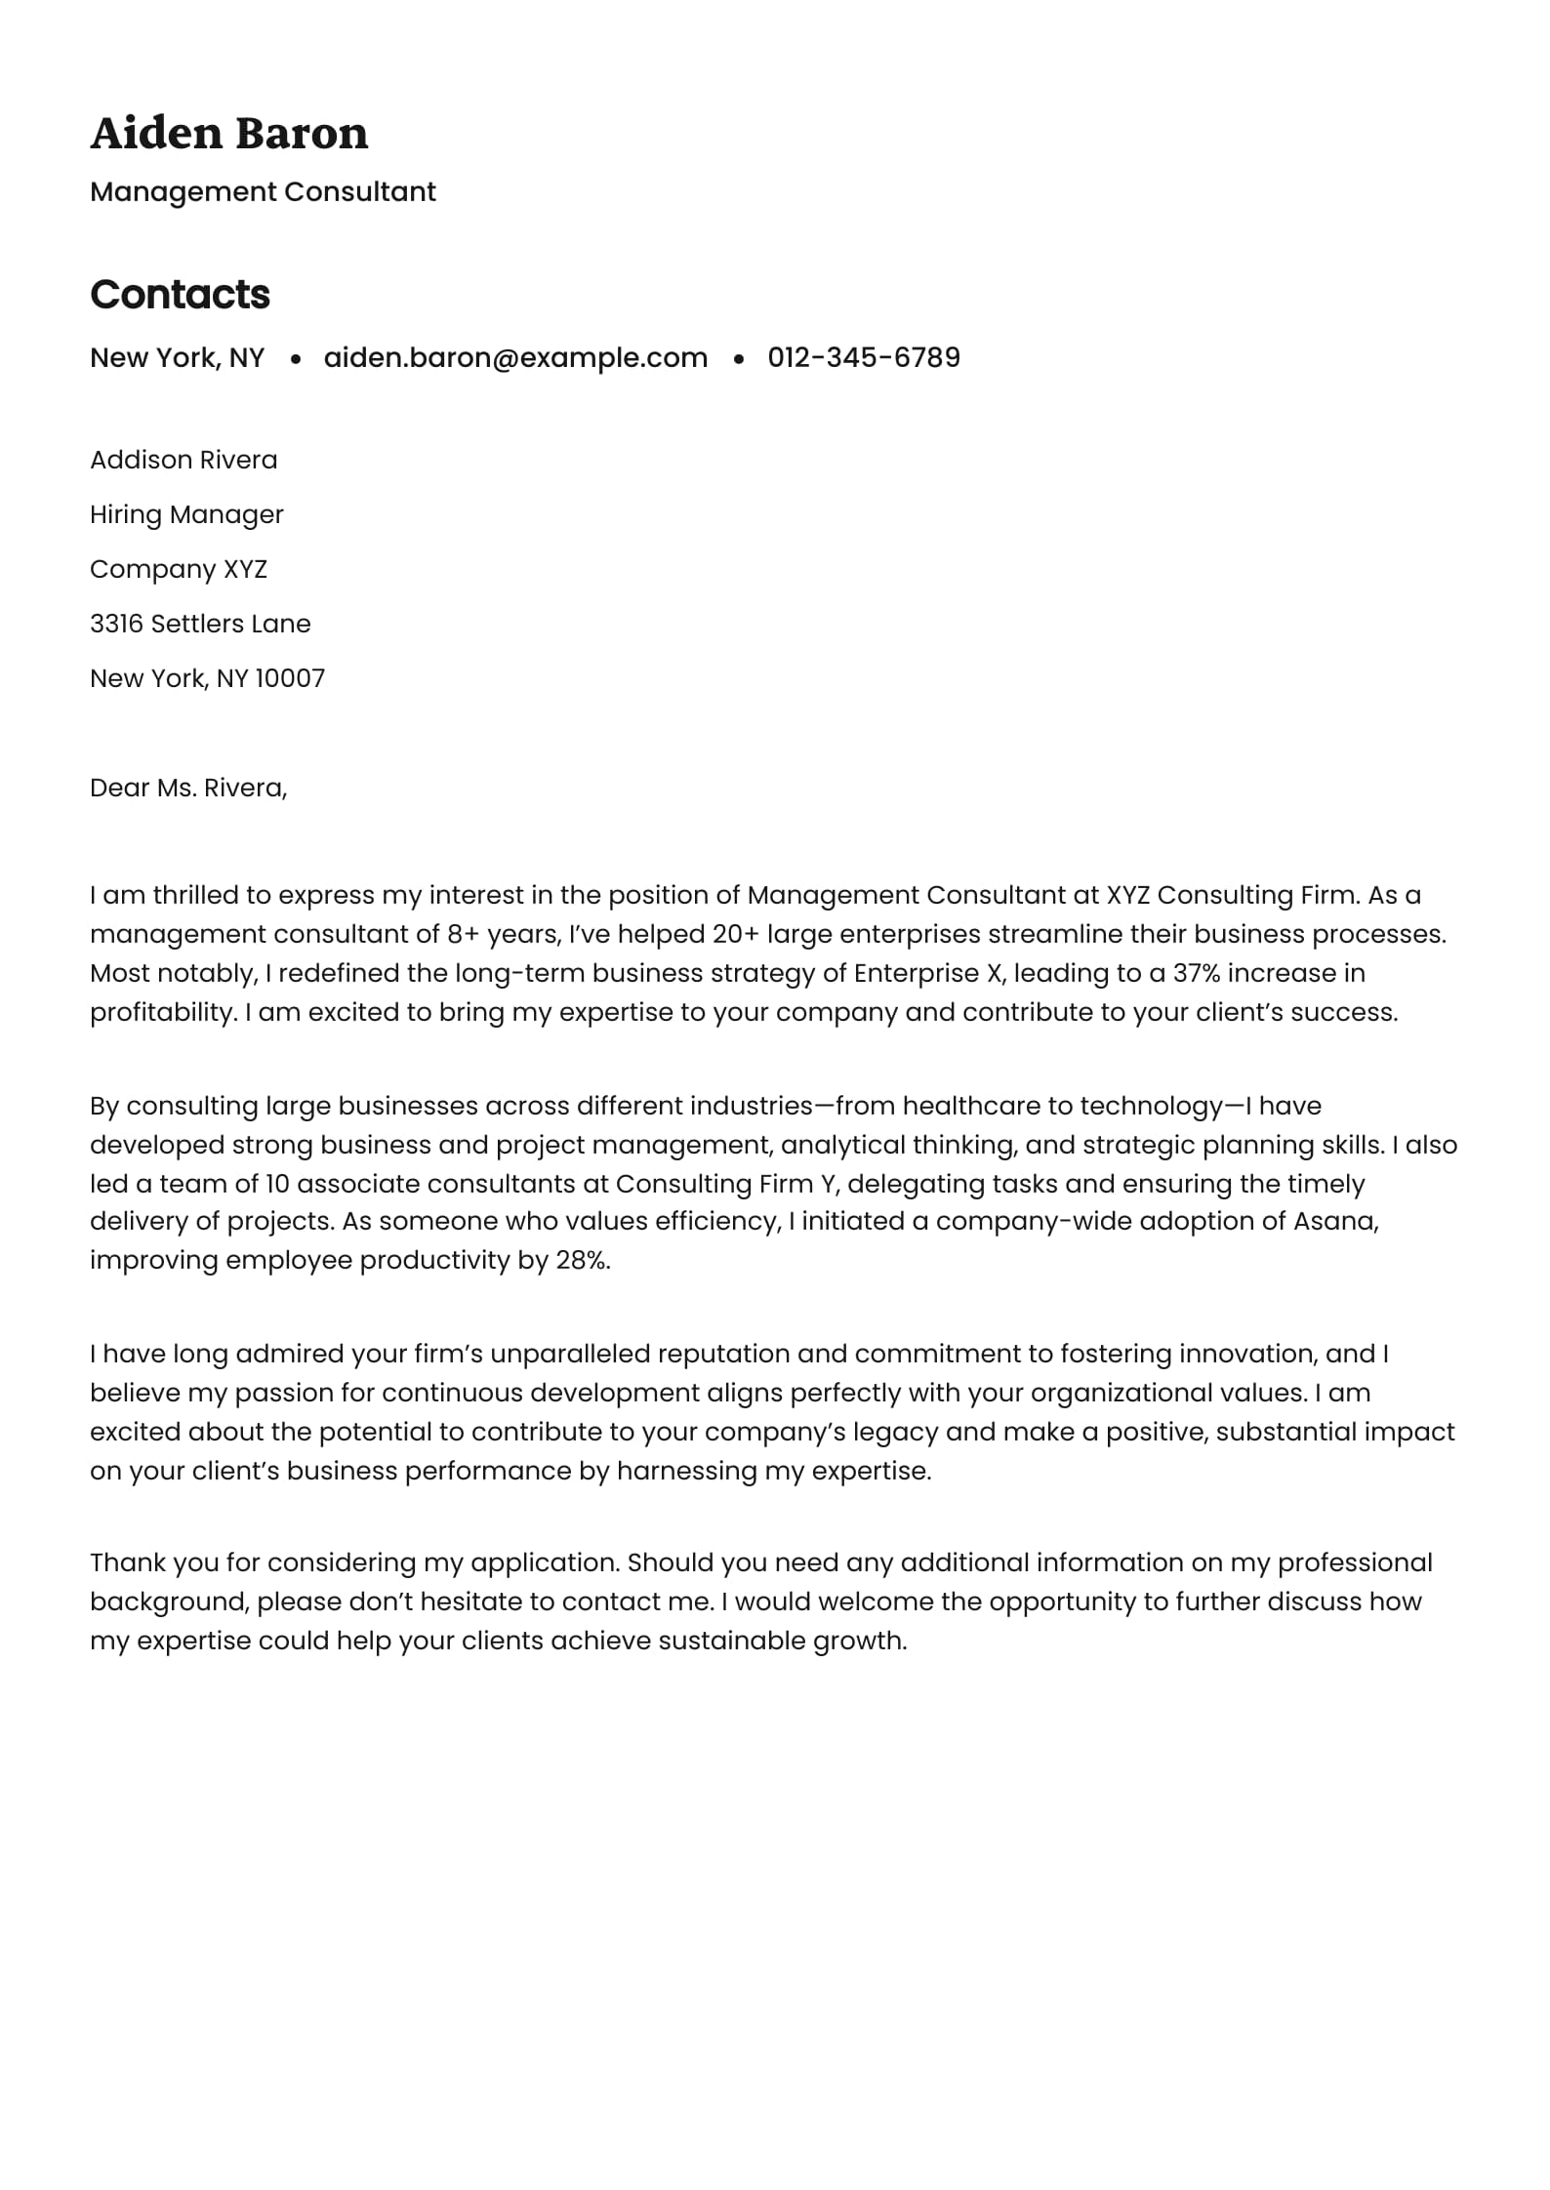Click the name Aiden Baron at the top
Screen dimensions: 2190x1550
[229, 133]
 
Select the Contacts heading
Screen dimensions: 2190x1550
[180, 294]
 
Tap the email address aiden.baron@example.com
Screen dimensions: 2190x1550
[515, 357]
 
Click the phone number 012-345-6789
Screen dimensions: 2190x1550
[864, 357]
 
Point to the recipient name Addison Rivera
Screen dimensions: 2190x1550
[184, 460]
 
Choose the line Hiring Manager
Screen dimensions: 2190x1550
[186, 514]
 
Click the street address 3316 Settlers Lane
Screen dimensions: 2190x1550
[200, 624]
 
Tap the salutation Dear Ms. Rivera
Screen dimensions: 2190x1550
[188, 788]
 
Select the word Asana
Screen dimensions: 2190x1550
[1335, 1221]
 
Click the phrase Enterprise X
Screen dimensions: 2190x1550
[927, 973]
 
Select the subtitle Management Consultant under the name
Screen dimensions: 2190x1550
[263, 191]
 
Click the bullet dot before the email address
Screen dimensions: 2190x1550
[295, 359]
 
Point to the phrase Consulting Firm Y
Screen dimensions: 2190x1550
[727, 1184]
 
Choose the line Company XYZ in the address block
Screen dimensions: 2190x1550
[179, 569]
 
